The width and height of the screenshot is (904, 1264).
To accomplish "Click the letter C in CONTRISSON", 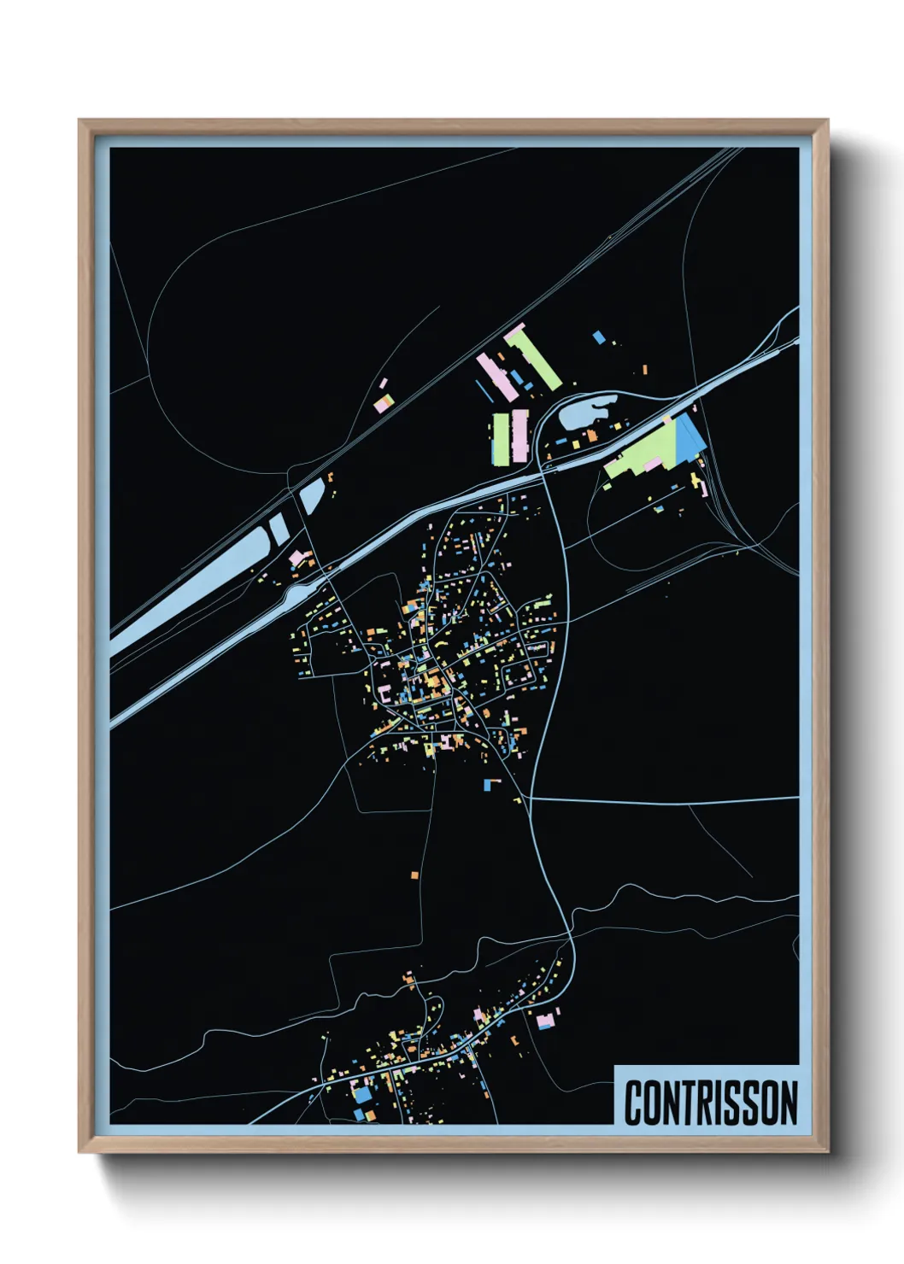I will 634,1103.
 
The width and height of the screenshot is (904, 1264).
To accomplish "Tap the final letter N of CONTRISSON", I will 789,1103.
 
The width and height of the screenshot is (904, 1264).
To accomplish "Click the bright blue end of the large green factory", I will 690,437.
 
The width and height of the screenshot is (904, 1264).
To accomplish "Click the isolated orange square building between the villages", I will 414,875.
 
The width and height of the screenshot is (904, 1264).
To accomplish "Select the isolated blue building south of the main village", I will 489,783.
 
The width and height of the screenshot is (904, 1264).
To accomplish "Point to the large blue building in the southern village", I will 363,1094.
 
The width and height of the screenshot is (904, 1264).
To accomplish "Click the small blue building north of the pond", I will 599,337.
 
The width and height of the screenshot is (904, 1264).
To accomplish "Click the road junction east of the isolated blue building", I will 531,798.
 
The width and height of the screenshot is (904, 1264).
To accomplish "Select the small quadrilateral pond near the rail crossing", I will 311,494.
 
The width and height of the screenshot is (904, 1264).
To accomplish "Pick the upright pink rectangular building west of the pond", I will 519,436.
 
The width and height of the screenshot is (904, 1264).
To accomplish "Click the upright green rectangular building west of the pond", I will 500,439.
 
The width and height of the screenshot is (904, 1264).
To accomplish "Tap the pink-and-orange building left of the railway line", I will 384,403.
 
